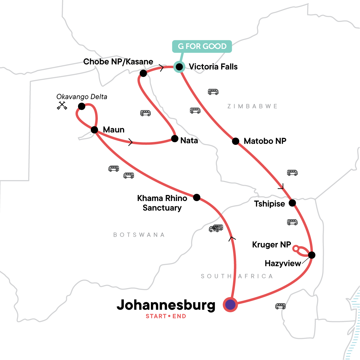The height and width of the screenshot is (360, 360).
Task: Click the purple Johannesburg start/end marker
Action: click(230, 305)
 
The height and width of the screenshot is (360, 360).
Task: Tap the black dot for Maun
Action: click(94, 130)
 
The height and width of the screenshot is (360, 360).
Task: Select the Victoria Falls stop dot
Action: click(179, 67)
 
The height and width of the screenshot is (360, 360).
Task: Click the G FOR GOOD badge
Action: click(202, 46)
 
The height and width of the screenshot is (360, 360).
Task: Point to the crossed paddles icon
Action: click(62, 106)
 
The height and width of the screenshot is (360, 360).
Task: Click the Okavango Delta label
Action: click(82, 97)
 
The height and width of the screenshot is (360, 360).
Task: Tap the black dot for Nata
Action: click(175, 139)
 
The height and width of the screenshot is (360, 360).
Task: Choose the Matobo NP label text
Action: click(265, 141)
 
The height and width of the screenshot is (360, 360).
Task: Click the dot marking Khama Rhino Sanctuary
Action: click(196, 197)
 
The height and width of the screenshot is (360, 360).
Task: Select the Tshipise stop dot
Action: click(292, 203)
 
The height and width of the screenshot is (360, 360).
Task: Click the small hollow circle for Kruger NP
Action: click(295, 248)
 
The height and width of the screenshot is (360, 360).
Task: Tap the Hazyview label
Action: click(283, 263)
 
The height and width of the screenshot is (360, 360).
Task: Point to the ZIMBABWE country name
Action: click(252, 106)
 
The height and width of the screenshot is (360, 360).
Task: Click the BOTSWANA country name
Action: click(139, 235)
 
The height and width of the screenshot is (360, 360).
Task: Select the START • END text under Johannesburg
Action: click(166, 316)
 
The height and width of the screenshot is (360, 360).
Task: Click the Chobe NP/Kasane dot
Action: click(143, 73)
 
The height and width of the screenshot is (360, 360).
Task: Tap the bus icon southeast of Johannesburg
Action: click(280, 306)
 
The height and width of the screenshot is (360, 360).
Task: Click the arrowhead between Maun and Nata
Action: click(130, 142)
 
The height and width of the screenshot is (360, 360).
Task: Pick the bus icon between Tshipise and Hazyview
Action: click(292, 222)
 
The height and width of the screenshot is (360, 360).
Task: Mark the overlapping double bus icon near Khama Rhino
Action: click(216, 228)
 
